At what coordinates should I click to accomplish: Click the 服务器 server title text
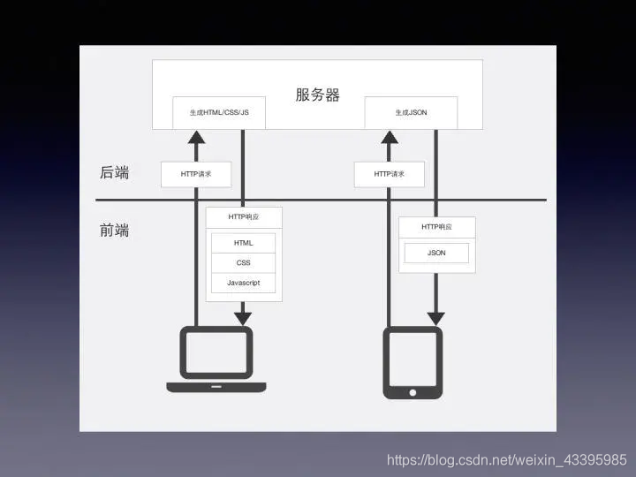click(317, 95)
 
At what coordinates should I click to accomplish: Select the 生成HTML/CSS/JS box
click(220, 113)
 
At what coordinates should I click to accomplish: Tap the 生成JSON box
click(412, 113)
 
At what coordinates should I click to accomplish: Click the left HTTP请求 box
click(196, 174)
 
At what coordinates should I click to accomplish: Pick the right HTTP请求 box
click(389, 174)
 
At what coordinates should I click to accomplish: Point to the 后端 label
click(115, 173)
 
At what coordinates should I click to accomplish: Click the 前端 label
click(115, 231)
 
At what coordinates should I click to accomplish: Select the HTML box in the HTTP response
click(243, 243)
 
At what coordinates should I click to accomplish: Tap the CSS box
click(243, 263)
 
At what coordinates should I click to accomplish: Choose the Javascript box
click(243, 283)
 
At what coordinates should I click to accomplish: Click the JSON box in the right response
click(436, 253)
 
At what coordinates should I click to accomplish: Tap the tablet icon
click(413, 362)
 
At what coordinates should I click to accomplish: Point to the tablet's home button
click(413, 390)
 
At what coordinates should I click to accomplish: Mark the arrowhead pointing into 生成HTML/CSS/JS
click(196, 137)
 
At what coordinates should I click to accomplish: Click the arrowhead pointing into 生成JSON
click(389, 137)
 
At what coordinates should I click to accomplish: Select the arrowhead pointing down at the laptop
click(243, 316)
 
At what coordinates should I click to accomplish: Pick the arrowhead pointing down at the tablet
click(435, 316)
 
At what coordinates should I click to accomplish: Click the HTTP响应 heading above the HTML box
click(243, 216)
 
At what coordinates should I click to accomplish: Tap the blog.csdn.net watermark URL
click(507, 460)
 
